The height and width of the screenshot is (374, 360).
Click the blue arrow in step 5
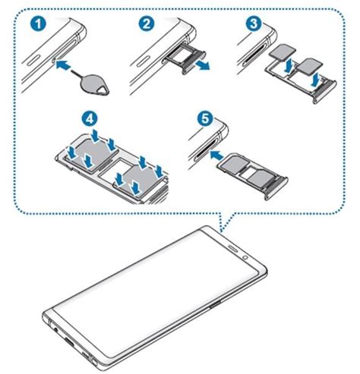pos(220,156)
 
